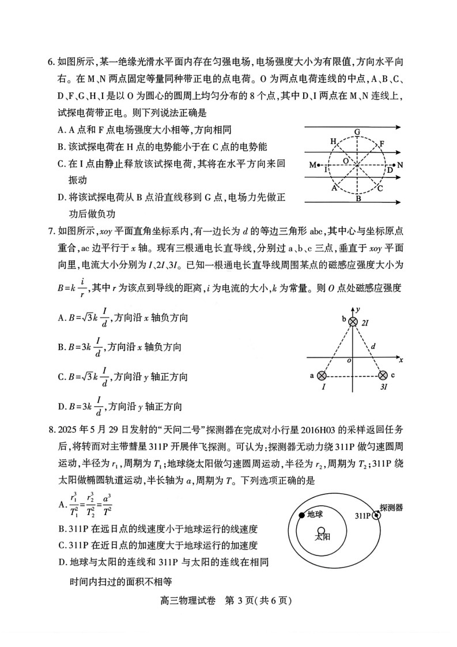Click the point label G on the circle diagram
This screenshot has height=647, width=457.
click(x=357, y=132)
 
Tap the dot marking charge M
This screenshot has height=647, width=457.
click(x=319, y=165)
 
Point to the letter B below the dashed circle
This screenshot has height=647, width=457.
click(x=358, y=199)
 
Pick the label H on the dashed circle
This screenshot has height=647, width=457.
click(x=333, y=141)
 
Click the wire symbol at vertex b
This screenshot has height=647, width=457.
click(x=353, y=321)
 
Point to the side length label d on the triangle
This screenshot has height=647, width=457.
click(x=373, y=347)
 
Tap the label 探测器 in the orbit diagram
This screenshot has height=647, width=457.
click(x=391, y=507)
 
